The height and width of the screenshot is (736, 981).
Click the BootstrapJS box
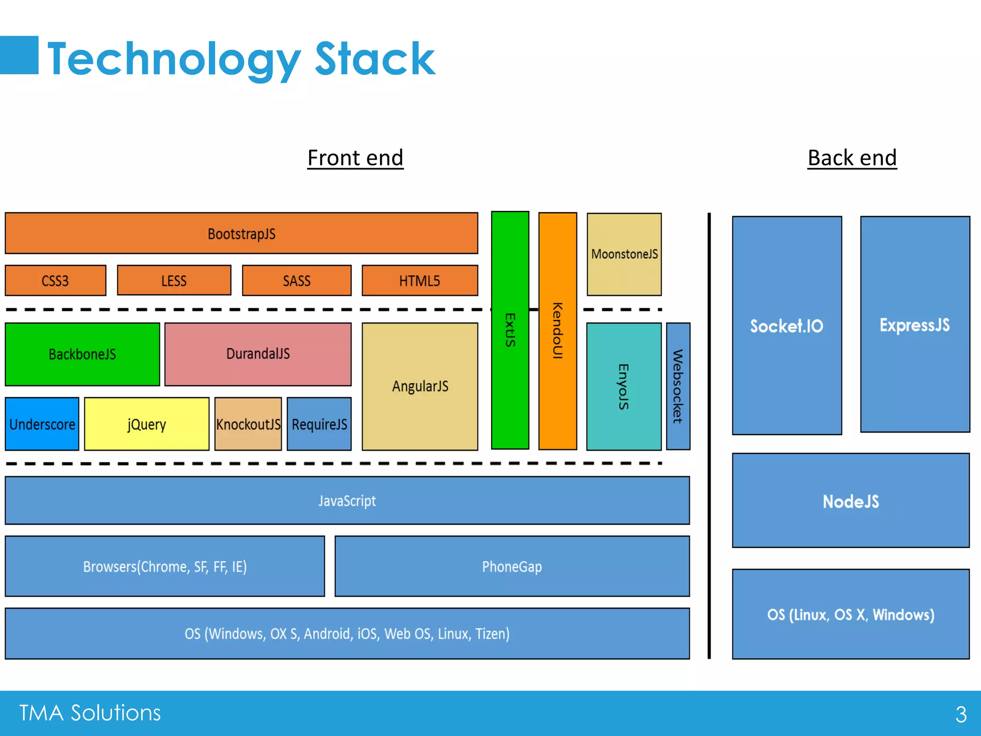[241, 233]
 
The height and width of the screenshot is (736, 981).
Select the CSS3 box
[56, 280]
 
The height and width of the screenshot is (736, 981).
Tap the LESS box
[174, 280]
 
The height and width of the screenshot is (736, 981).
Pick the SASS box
[297, 280]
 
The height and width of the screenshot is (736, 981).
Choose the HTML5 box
[420, 280]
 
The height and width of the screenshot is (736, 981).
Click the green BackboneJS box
[82, 354]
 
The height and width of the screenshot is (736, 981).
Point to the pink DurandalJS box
[258, 354]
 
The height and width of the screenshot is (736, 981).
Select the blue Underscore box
[42, 424]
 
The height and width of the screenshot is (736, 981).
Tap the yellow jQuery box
[147, 424]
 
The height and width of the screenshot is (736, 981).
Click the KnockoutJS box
[248, 424]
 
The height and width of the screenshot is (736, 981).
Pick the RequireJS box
[319, 424]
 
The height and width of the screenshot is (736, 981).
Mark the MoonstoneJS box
[624, 254]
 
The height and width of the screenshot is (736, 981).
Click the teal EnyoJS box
[624, 386]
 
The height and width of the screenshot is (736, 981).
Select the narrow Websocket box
[678, 386]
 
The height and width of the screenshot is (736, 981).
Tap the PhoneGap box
[512, 566]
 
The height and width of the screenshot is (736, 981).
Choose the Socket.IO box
[787, 326]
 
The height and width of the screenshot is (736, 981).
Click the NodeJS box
[851, 501]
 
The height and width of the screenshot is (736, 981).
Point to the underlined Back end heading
[852, 158]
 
